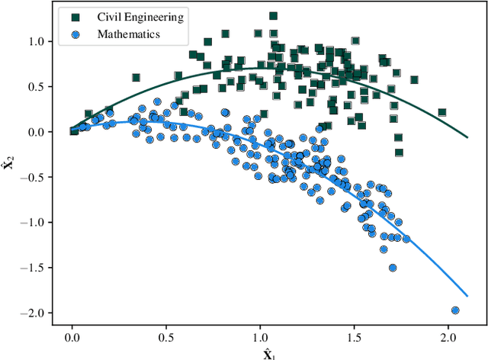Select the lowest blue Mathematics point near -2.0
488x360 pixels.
coord(455,310)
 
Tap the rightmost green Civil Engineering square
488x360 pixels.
coord(442,112)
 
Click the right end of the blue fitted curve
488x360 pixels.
coord(467,295)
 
